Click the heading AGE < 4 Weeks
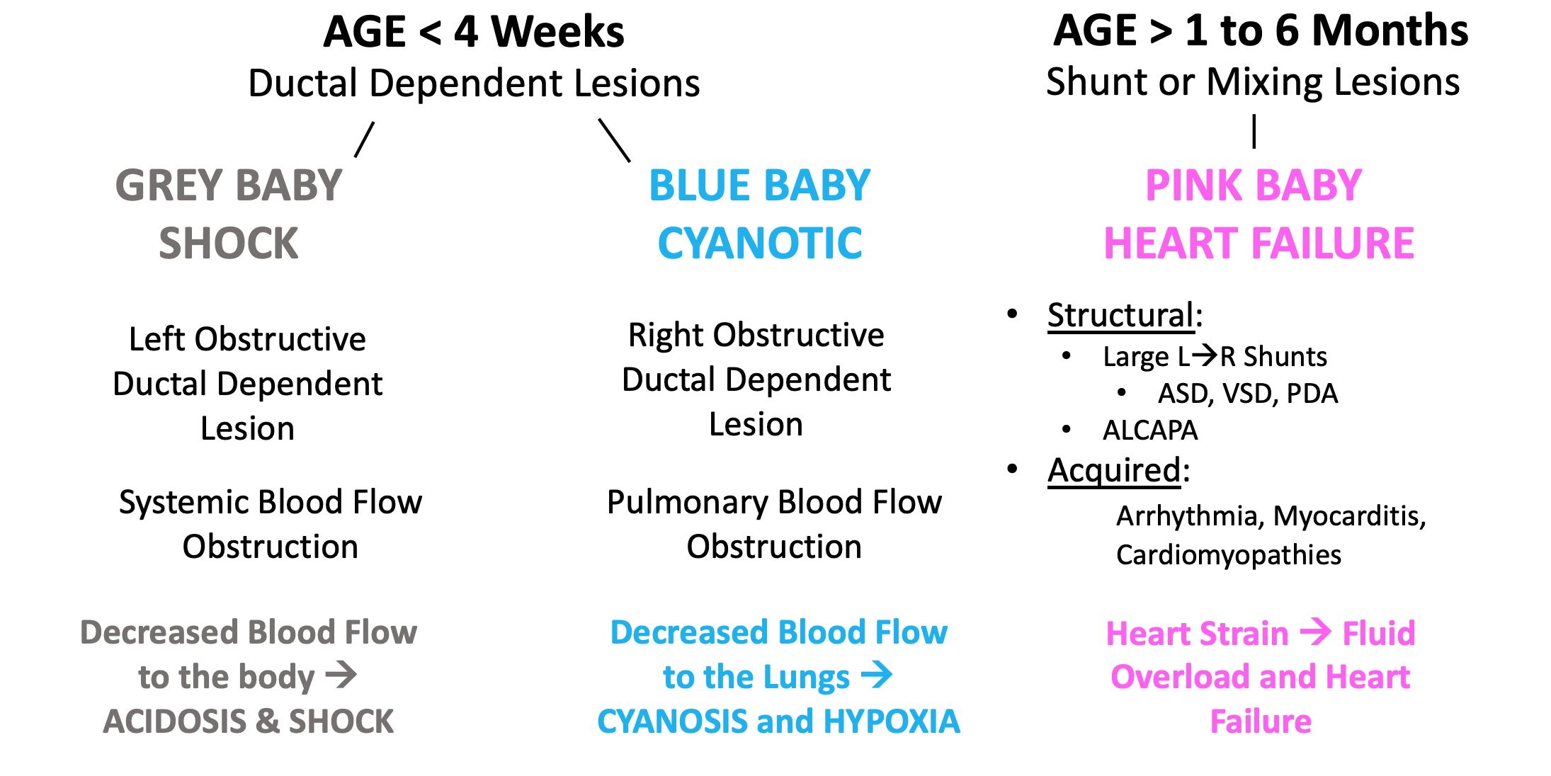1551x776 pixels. coord(474,32)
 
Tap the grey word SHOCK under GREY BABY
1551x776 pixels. coord(229,244)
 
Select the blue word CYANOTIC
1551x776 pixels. coord(760,244)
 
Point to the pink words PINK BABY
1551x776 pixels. coord(1254,186)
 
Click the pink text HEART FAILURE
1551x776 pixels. coord(1259,244)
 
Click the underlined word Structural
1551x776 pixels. coord(1121,316)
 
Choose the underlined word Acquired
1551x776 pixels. coord(1114,471)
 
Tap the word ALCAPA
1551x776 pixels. coord(1150,430)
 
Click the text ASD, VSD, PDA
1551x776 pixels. coord(1248,394)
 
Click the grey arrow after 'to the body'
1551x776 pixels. coord(341,675)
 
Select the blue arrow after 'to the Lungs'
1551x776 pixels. coord(877,675)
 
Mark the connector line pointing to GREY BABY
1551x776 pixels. coord(364,139)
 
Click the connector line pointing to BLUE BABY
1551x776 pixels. coord(615,140)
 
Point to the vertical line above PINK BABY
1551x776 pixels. coord(1254,132)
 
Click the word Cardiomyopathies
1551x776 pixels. coord(1229,556)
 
